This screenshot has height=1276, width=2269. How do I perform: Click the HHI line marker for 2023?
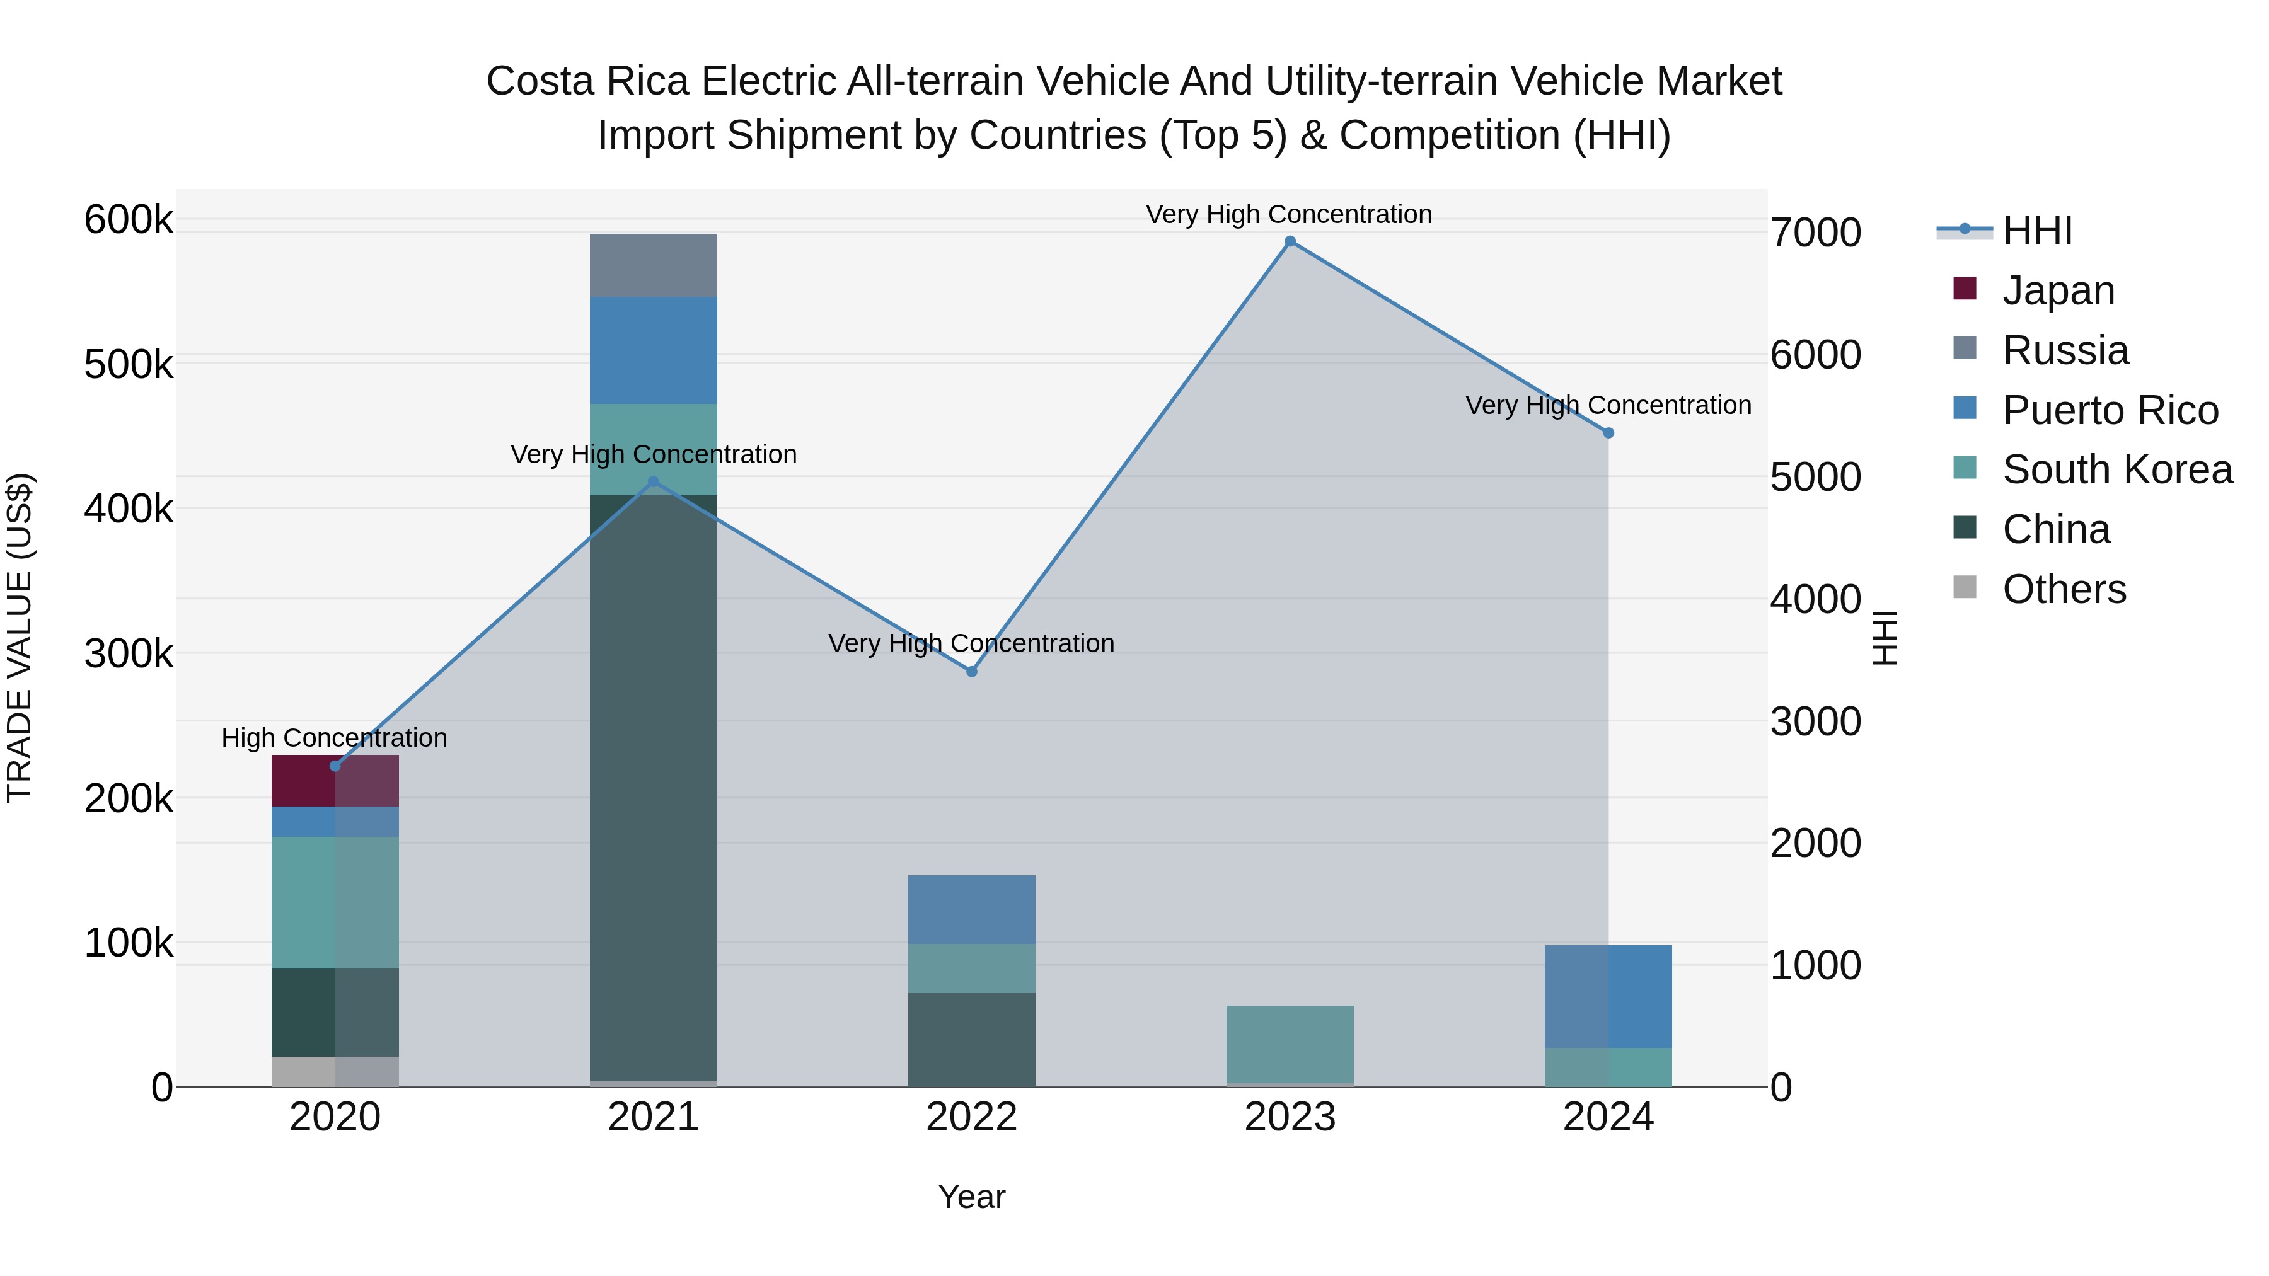coord(1290,241)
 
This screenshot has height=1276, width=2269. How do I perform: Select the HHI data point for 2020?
coord(335,766)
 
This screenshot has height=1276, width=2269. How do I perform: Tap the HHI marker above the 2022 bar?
coord(971,672)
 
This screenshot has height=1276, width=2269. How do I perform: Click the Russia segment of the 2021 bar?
coord(653,265)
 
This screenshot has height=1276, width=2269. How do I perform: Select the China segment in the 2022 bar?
coord(971,1039)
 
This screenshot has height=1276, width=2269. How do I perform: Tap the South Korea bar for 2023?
coord(1290,1043)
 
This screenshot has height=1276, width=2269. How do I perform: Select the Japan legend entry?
coord(2058,290)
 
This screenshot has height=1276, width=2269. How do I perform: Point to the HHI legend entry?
coord(2036,231)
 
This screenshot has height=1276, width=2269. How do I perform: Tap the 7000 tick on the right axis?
coord(1815,233)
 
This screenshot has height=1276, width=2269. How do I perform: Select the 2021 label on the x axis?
coord(653,1117)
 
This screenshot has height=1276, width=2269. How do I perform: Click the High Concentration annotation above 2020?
coord(334,738)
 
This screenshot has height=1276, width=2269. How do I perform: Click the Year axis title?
coord(971,1197)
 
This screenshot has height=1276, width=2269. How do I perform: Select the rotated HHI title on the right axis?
coord(1884,638)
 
